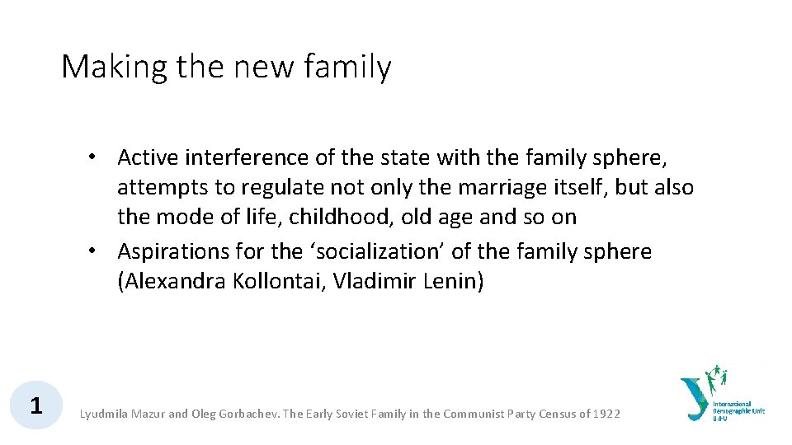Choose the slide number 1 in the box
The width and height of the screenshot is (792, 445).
click(35, 405)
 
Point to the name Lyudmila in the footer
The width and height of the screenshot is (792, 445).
click(103, 414)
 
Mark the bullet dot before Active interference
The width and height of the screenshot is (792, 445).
click(97, 157)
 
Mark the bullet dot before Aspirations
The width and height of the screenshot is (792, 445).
click(97, 251)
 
